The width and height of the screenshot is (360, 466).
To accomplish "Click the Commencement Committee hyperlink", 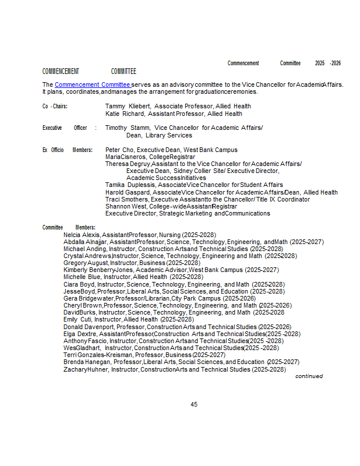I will tap(92, 85).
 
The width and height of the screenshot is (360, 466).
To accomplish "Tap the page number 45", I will tap(195, 404).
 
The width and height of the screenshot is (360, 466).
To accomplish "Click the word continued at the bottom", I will tap(309, 376).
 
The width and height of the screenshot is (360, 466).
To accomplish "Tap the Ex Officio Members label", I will tap(67, 150).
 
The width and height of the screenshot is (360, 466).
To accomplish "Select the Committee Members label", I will tap(69, 227).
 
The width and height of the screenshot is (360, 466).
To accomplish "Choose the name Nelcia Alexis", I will tap(77, 235).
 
